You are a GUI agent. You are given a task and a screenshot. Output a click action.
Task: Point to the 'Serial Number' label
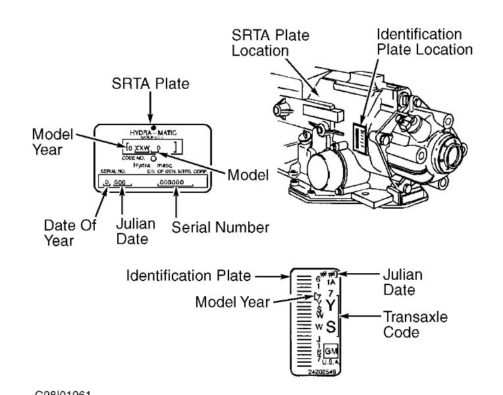(221, 227)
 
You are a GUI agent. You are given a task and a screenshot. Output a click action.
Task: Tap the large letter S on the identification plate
(331, 326)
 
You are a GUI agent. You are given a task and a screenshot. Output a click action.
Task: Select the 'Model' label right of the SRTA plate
(248, 176)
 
